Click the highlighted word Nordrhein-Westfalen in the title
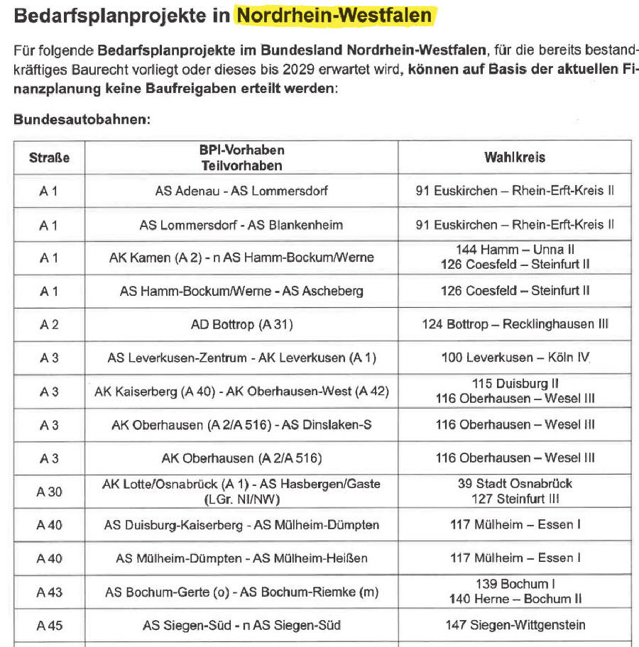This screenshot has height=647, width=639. tap(334, 15)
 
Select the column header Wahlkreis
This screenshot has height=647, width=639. tap(515, 157)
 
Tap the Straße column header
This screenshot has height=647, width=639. tap(49, 157)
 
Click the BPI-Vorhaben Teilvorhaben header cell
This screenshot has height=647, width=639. tap(241, 157)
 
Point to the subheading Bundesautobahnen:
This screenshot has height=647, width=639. tap(82, 119)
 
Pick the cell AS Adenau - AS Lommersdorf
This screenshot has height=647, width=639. tap(241, 191)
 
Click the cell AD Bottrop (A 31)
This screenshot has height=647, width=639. tap(241, 325)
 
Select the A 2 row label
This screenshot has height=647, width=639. tap(49, 325)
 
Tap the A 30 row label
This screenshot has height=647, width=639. tap(49, 491)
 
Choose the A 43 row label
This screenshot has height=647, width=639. tap(49, 592)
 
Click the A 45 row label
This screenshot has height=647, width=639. tap(49, 625)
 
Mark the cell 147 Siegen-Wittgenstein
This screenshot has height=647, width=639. tap(515, 625)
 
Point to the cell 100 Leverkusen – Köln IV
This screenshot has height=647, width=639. tap(515, 358)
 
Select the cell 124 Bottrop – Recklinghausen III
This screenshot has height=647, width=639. tap(515, 325)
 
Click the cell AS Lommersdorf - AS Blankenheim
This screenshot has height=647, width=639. tap(241, 225)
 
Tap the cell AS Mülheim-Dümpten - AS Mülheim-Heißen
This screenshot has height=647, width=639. tap(241, 558)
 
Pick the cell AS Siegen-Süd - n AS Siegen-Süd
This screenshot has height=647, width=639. tap(241, 625)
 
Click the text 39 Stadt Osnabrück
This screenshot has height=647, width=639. tap(515, 484)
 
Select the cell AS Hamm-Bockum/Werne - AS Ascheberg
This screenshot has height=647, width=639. tap(241, 291)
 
